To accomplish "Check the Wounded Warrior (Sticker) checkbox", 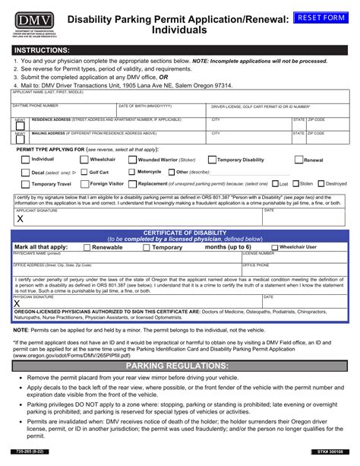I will tap(133, 160).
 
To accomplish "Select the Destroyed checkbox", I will tap(321, 184).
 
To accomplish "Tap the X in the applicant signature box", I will tap(20, 218).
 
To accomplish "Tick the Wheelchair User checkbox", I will tap(274, 248).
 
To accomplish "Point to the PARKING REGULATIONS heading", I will tap(180, 366).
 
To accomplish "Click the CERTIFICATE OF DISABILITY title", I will tap(179, 231).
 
